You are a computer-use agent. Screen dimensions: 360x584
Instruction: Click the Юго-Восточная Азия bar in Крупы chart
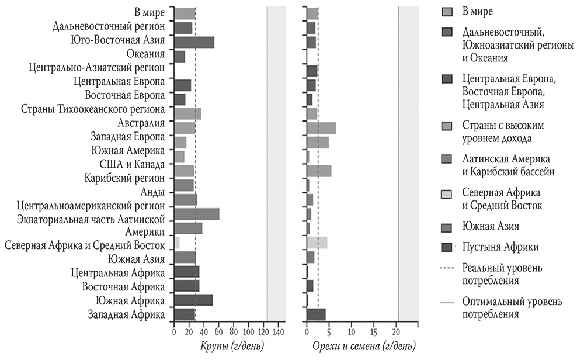coord(194,41)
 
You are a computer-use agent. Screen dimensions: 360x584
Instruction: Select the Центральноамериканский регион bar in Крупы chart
coord(186,200)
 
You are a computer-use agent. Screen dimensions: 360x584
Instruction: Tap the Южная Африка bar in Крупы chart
coord(193,300)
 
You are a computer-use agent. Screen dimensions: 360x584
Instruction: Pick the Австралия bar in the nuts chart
coord(321,128)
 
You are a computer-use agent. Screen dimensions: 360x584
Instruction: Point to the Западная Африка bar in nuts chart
coord(316,314)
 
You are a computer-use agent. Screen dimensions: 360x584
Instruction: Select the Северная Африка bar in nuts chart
coord(317,243)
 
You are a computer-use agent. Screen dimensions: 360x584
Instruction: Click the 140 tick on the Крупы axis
coord(278,332)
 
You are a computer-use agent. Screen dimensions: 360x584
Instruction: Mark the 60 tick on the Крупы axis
coord(218,332)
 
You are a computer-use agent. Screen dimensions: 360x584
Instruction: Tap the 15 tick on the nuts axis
coord(374,332)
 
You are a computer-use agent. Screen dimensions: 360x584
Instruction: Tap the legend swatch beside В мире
coord(447,11)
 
